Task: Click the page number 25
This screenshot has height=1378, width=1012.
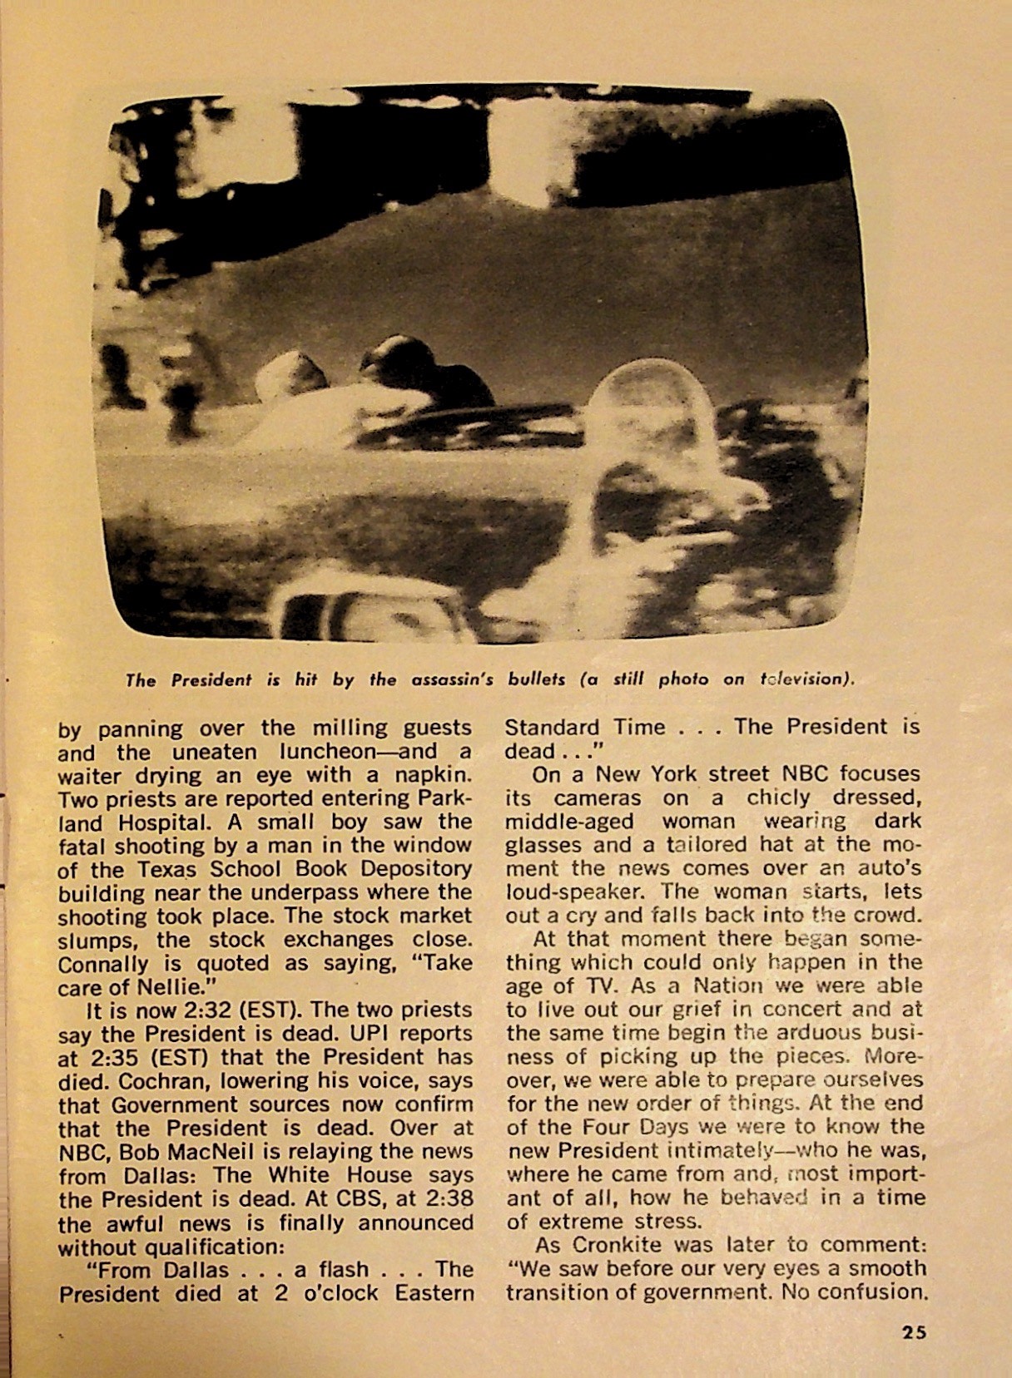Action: click(x=913, y=1331)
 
